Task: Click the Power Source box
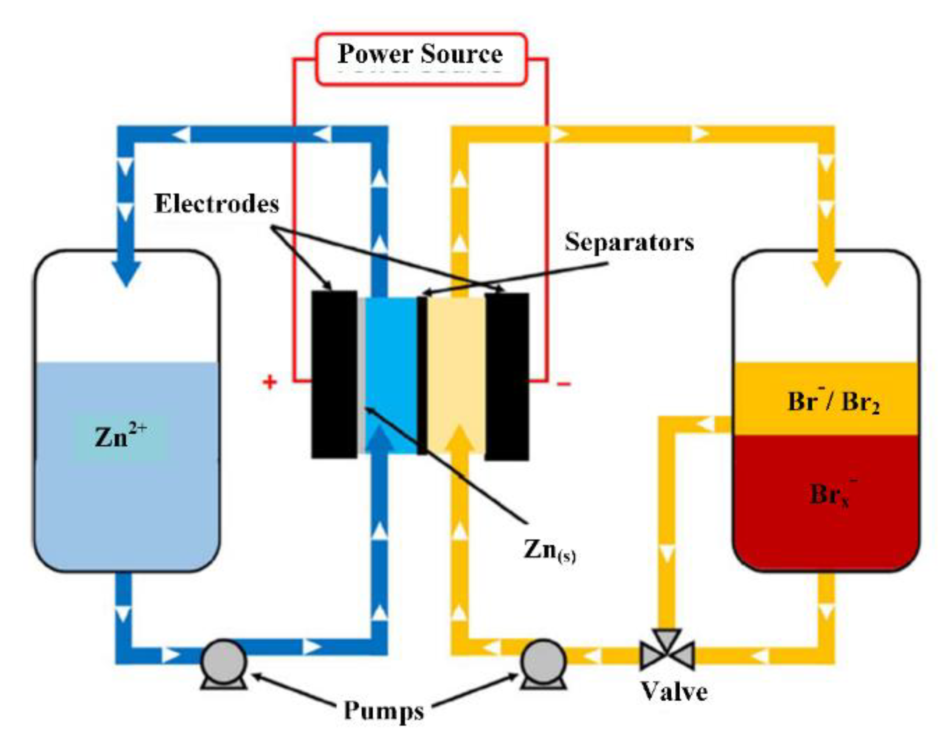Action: pos(421,58)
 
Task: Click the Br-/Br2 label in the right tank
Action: pos(833,401)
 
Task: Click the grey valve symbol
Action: pos(667,651)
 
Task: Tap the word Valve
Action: pos(674,692)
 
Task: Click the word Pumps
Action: pos(384,710)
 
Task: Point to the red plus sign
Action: pos(269,382)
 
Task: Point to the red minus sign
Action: pos(563,383)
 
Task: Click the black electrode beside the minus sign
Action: pos(507,376)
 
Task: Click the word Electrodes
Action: pos(216,204)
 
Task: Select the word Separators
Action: pos(629,242)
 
